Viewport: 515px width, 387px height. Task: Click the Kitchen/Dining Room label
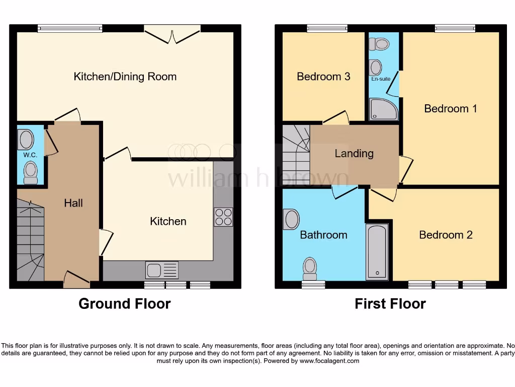point(125,77)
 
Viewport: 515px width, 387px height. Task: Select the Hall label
point(73,203)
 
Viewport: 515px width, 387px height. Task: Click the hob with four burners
point(223,217)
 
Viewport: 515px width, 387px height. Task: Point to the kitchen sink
point(161,270)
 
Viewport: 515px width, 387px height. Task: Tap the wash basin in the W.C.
point(26,140)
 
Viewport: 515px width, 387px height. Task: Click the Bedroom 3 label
point(323,77)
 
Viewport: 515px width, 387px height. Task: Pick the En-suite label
point(381,79)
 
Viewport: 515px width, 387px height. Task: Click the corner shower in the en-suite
point(383,109)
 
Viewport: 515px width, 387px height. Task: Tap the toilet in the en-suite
point(379,45)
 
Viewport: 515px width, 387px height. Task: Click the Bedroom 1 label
point(450,108)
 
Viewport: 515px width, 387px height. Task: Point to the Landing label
point(354,153)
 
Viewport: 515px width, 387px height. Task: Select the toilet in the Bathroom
point(310,268)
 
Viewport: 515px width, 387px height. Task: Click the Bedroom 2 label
point(446,235)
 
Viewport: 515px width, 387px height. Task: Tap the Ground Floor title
point(124,304)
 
